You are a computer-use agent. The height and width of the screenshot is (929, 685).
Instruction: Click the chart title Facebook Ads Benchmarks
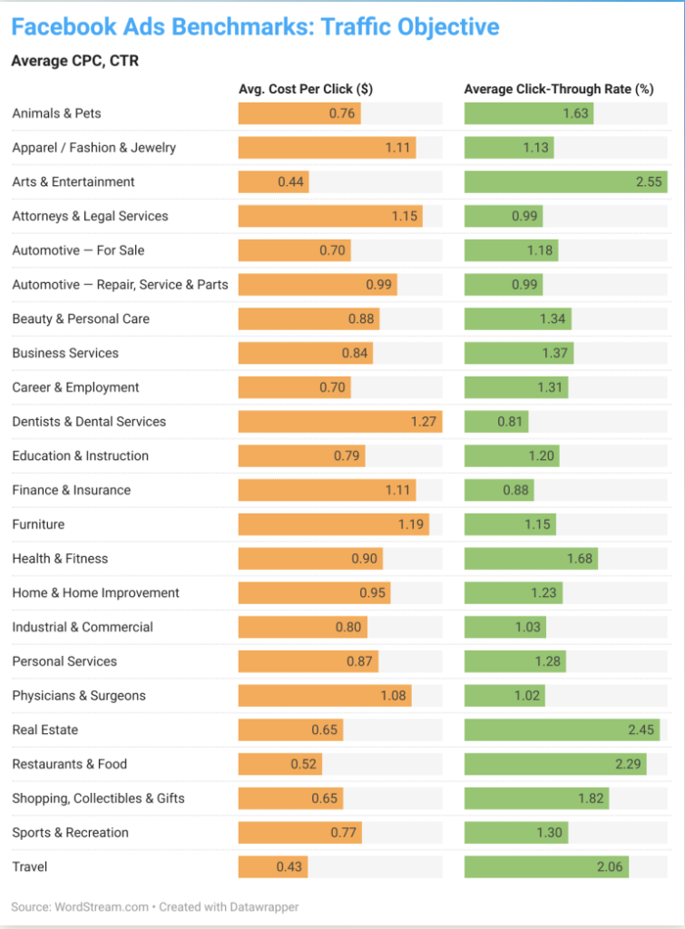[x=255, y=27]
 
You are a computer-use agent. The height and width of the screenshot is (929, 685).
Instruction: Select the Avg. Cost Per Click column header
[x=306, y=89]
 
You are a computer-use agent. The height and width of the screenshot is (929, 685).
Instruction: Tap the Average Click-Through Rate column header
[x=559, y=89]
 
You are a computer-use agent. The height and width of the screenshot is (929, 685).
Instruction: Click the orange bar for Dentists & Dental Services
[x=340, y=422]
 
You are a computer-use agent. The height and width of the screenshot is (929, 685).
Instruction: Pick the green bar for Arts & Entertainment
[x=565, y=182]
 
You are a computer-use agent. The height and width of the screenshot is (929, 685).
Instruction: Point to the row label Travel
[x=30, y=867]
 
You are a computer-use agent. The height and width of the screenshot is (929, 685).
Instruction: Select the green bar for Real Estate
[x=561, y=730]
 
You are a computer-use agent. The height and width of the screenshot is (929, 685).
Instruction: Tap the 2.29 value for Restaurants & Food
[x=628, y=765]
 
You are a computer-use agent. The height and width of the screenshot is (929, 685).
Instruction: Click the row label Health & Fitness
[x=60, y=559]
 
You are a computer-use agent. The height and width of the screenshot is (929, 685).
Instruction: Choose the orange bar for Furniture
[x=333, y=524]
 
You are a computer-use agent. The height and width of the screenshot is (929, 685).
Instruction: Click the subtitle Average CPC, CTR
[x=74, y=62]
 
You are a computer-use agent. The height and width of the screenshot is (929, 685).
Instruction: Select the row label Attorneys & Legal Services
[x=90, y=217]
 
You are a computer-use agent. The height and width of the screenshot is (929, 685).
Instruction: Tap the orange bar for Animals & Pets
[x=299, y=114]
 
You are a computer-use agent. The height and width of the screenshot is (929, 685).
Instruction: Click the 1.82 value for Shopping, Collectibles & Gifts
[x=591, y=799]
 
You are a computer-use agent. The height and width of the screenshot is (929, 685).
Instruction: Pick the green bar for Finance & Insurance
[x=499, y=491]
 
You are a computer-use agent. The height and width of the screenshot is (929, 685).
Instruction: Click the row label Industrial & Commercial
[x=83, y=628]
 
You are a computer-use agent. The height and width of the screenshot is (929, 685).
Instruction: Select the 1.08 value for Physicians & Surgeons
[x=394, y=696]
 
